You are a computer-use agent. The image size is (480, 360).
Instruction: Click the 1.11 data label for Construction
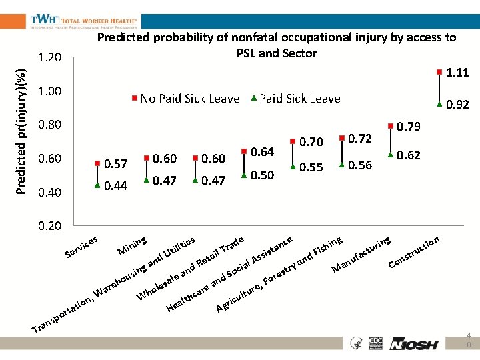click(x=457, y=72)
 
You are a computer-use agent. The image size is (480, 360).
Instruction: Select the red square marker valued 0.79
click(x=391, y=125)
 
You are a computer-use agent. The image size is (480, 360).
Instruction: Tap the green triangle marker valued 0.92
click(x=439, y=103)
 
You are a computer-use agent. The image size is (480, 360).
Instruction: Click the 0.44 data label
click(x=116, y=186)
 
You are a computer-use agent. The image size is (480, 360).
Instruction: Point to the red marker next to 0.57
click(x=97, y=164)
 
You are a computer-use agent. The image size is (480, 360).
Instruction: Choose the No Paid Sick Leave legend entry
click(x=186, y=99)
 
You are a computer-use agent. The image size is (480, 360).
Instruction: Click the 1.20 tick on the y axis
click(x=49, y=58)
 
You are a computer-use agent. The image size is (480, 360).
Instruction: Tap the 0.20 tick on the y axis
click(x=49, y=226)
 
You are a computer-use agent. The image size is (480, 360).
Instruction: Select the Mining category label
click(x=132, y=245)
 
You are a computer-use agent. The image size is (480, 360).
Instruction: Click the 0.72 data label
click(x=360, y=138)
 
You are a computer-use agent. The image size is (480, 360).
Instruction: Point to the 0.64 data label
click(x=263, y=152)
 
